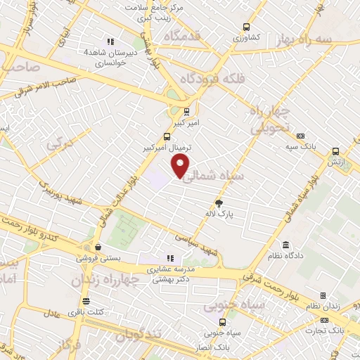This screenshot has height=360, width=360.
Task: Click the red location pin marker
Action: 181,165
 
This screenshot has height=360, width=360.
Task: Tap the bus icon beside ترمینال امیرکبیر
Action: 166,136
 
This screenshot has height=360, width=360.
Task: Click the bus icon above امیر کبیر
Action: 186,110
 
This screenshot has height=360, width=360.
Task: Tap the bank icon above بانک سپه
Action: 301,136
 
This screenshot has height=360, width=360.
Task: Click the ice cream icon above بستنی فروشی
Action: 98,247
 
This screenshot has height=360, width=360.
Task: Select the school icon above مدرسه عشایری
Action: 169,257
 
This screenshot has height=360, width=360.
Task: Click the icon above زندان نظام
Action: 323,295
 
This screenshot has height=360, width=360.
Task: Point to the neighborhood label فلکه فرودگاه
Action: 214,79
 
